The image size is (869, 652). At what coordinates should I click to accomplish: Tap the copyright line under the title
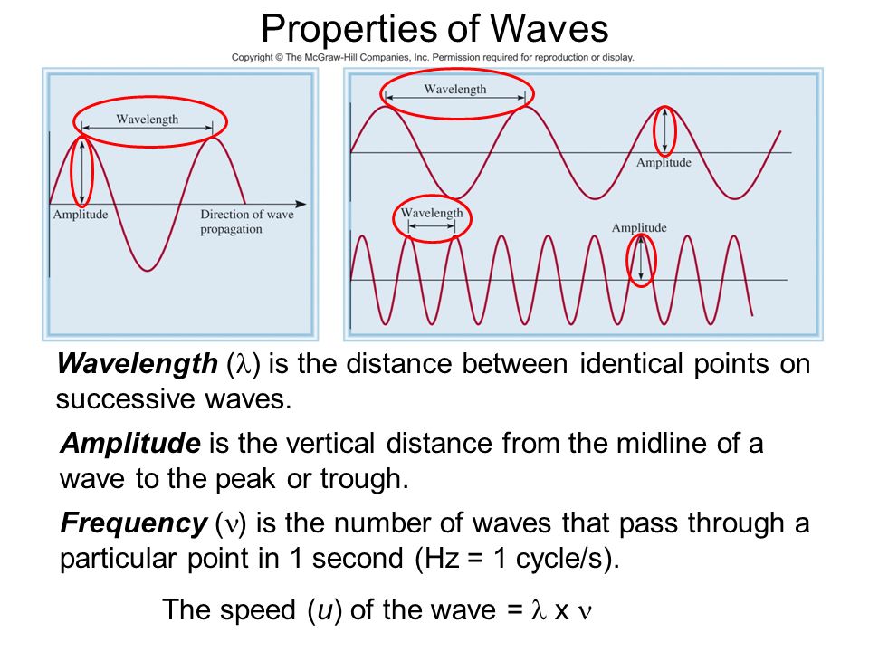pos(433,57)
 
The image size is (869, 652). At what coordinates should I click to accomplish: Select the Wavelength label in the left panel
pos(148,120)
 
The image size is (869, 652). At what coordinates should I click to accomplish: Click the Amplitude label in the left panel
pos(81,215)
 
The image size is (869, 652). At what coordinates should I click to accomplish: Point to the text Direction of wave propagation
pos(246,222)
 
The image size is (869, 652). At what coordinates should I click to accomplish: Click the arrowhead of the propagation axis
pos(301,204)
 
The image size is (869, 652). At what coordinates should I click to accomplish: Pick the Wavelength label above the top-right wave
pos(455,90)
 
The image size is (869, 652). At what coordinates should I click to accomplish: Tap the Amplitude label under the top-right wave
pos(664,162)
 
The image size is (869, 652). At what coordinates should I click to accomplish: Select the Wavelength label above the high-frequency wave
pos(432,213)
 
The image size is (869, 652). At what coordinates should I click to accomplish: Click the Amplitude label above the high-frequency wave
pos(639,228)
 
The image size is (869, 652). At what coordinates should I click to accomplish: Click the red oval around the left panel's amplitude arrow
pos(72,172)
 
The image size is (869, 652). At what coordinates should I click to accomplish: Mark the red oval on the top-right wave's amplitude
pos(654,130)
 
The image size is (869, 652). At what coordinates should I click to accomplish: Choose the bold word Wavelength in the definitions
pos(137,364)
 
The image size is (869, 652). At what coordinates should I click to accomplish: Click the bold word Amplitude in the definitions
pos(130,443)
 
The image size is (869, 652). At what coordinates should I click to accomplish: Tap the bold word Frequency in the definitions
pos(134,523)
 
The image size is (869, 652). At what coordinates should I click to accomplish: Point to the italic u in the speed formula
pos(324,610)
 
